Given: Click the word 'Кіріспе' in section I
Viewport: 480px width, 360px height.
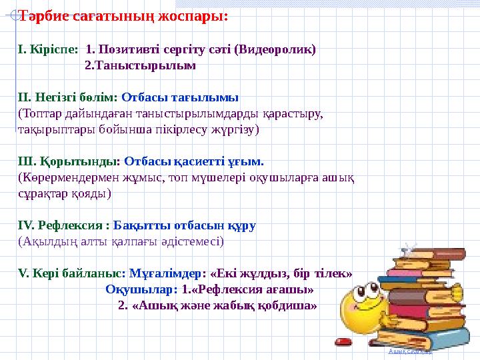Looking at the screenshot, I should click(x=50, y=49).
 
